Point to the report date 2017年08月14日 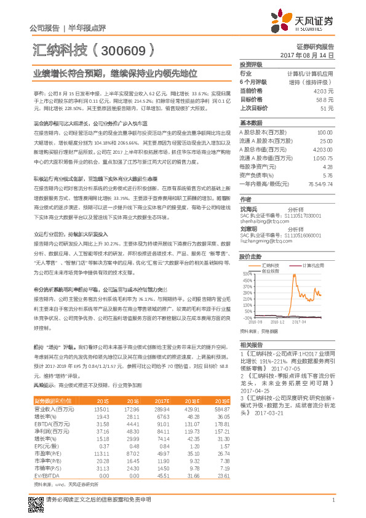point(307,55)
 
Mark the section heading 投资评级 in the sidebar point(251,64)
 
